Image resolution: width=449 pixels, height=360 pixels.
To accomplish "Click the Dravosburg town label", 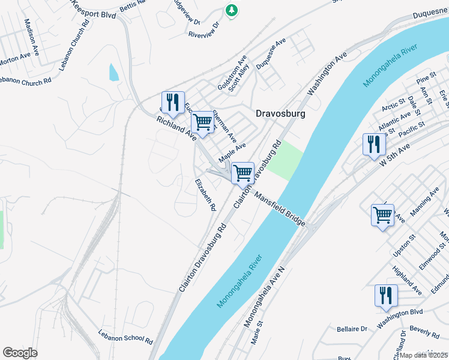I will pyautogui.click(x=280, y=113).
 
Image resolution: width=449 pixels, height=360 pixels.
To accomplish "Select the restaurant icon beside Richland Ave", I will pyautogui.click(x=173, y=102).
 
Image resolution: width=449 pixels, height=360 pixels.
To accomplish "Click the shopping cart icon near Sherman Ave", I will pyautogui.click(x=203, y=122).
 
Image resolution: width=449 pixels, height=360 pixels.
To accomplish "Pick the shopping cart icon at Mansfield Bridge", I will pyautogui.click(x=243, y=173).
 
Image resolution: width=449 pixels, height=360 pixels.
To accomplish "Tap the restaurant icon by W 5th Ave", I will pyautogui.click(x=373, y=143).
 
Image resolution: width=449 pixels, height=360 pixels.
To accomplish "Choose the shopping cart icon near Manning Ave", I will pyautogui.click(x=382, y=214).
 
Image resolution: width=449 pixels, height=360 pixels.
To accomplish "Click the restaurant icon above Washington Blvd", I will pyautogui.click(x=385, y=295).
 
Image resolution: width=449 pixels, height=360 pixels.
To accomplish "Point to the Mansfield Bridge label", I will pyautogui.click(x=279, y=208).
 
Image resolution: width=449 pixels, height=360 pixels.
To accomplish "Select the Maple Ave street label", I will pyautogui.click(x=232, y=152).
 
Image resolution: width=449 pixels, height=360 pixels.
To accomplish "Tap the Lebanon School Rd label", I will pyautogui.click(x=125, y=336).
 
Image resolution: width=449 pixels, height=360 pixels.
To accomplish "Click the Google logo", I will pyautogui.click(x=20, y=353).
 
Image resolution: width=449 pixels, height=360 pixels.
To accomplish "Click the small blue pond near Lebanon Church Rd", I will pyautogui.click(x=113, y=72).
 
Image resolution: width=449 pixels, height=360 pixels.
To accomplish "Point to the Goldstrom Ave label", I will pyautogui.click(x=232, y=73).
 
